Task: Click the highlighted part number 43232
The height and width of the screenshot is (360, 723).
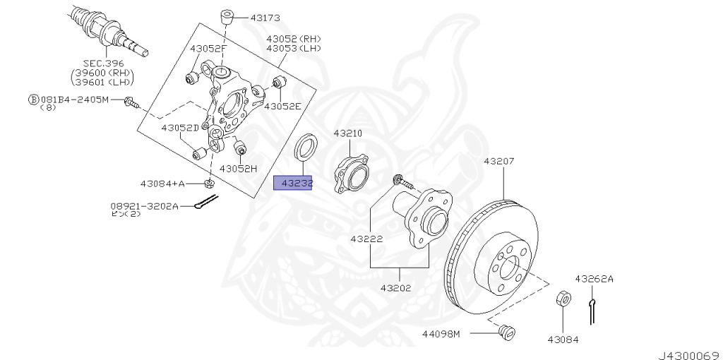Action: coord(293,184)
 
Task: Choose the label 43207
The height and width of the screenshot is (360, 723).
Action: coord(499,162)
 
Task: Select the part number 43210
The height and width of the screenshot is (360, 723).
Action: coord(347,133)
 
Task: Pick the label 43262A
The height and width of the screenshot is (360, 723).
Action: coord(594,279)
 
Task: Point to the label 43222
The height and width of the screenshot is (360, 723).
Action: coord(366,239)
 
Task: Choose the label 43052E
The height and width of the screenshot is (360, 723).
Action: coord(282,107)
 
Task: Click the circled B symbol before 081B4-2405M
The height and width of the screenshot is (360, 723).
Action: coord(32,100)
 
